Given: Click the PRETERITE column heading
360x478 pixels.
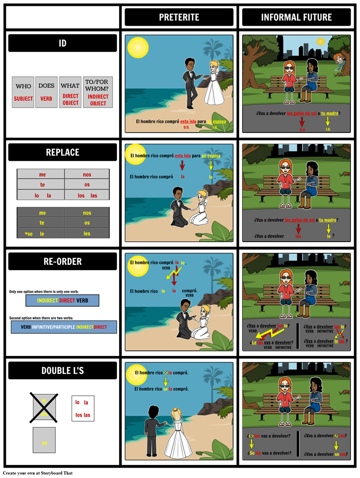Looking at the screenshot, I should point(179,18).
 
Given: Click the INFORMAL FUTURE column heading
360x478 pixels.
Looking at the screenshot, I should point(297,18).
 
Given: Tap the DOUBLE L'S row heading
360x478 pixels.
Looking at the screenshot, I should point(63,371).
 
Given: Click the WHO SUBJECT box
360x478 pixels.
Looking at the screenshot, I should point(23,92).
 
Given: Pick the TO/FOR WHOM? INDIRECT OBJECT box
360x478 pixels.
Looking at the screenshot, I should point(98,92).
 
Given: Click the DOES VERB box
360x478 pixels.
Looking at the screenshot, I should point(46,92).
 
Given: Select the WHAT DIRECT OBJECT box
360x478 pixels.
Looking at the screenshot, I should point(70,92).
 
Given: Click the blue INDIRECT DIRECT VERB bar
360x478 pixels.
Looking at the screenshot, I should point(62,301).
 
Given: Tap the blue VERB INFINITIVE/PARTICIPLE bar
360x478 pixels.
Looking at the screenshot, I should point(64,327).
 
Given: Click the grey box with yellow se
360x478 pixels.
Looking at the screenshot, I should point(44,440).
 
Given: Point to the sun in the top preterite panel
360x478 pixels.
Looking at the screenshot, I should point(138,48).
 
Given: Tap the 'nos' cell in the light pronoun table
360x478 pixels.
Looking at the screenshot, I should point(87,174).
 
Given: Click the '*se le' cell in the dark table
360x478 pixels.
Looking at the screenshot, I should point(40,234).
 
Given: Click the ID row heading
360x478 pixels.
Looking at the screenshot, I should point(63,44).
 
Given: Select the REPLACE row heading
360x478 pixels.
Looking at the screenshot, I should point(63,153).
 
